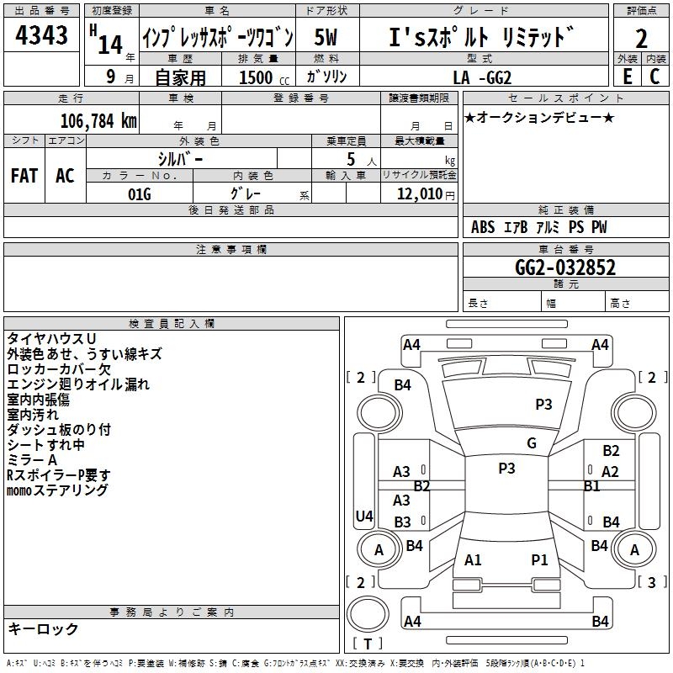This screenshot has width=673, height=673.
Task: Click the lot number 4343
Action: (42, 38)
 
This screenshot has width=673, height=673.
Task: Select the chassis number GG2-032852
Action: (564, 268)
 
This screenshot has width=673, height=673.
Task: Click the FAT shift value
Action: (24, 176)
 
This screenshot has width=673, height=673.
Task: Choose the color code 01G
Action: (138, 194)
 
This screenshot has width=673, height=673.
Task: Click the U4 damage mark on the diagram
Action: (364, 517)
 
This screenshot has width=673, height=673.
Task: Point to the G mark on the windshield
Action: (532, 443)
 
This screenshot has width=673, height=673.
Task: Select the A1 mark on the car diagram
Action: (474, 559)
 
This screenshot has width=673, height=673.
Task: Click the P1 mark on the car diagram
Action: (539, 559)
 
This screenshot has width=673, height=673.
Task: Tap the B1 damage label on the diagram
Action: (592, 486)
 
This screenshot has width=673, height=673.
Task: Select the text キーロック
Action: (43, 629)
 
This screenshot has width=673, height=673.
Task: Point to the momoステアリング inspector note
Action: (58, 490)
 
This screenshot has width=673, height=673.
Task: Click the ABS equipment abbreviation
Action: (483, 227)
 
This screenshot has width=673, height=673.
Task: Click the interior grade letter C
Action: (654, 77)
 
